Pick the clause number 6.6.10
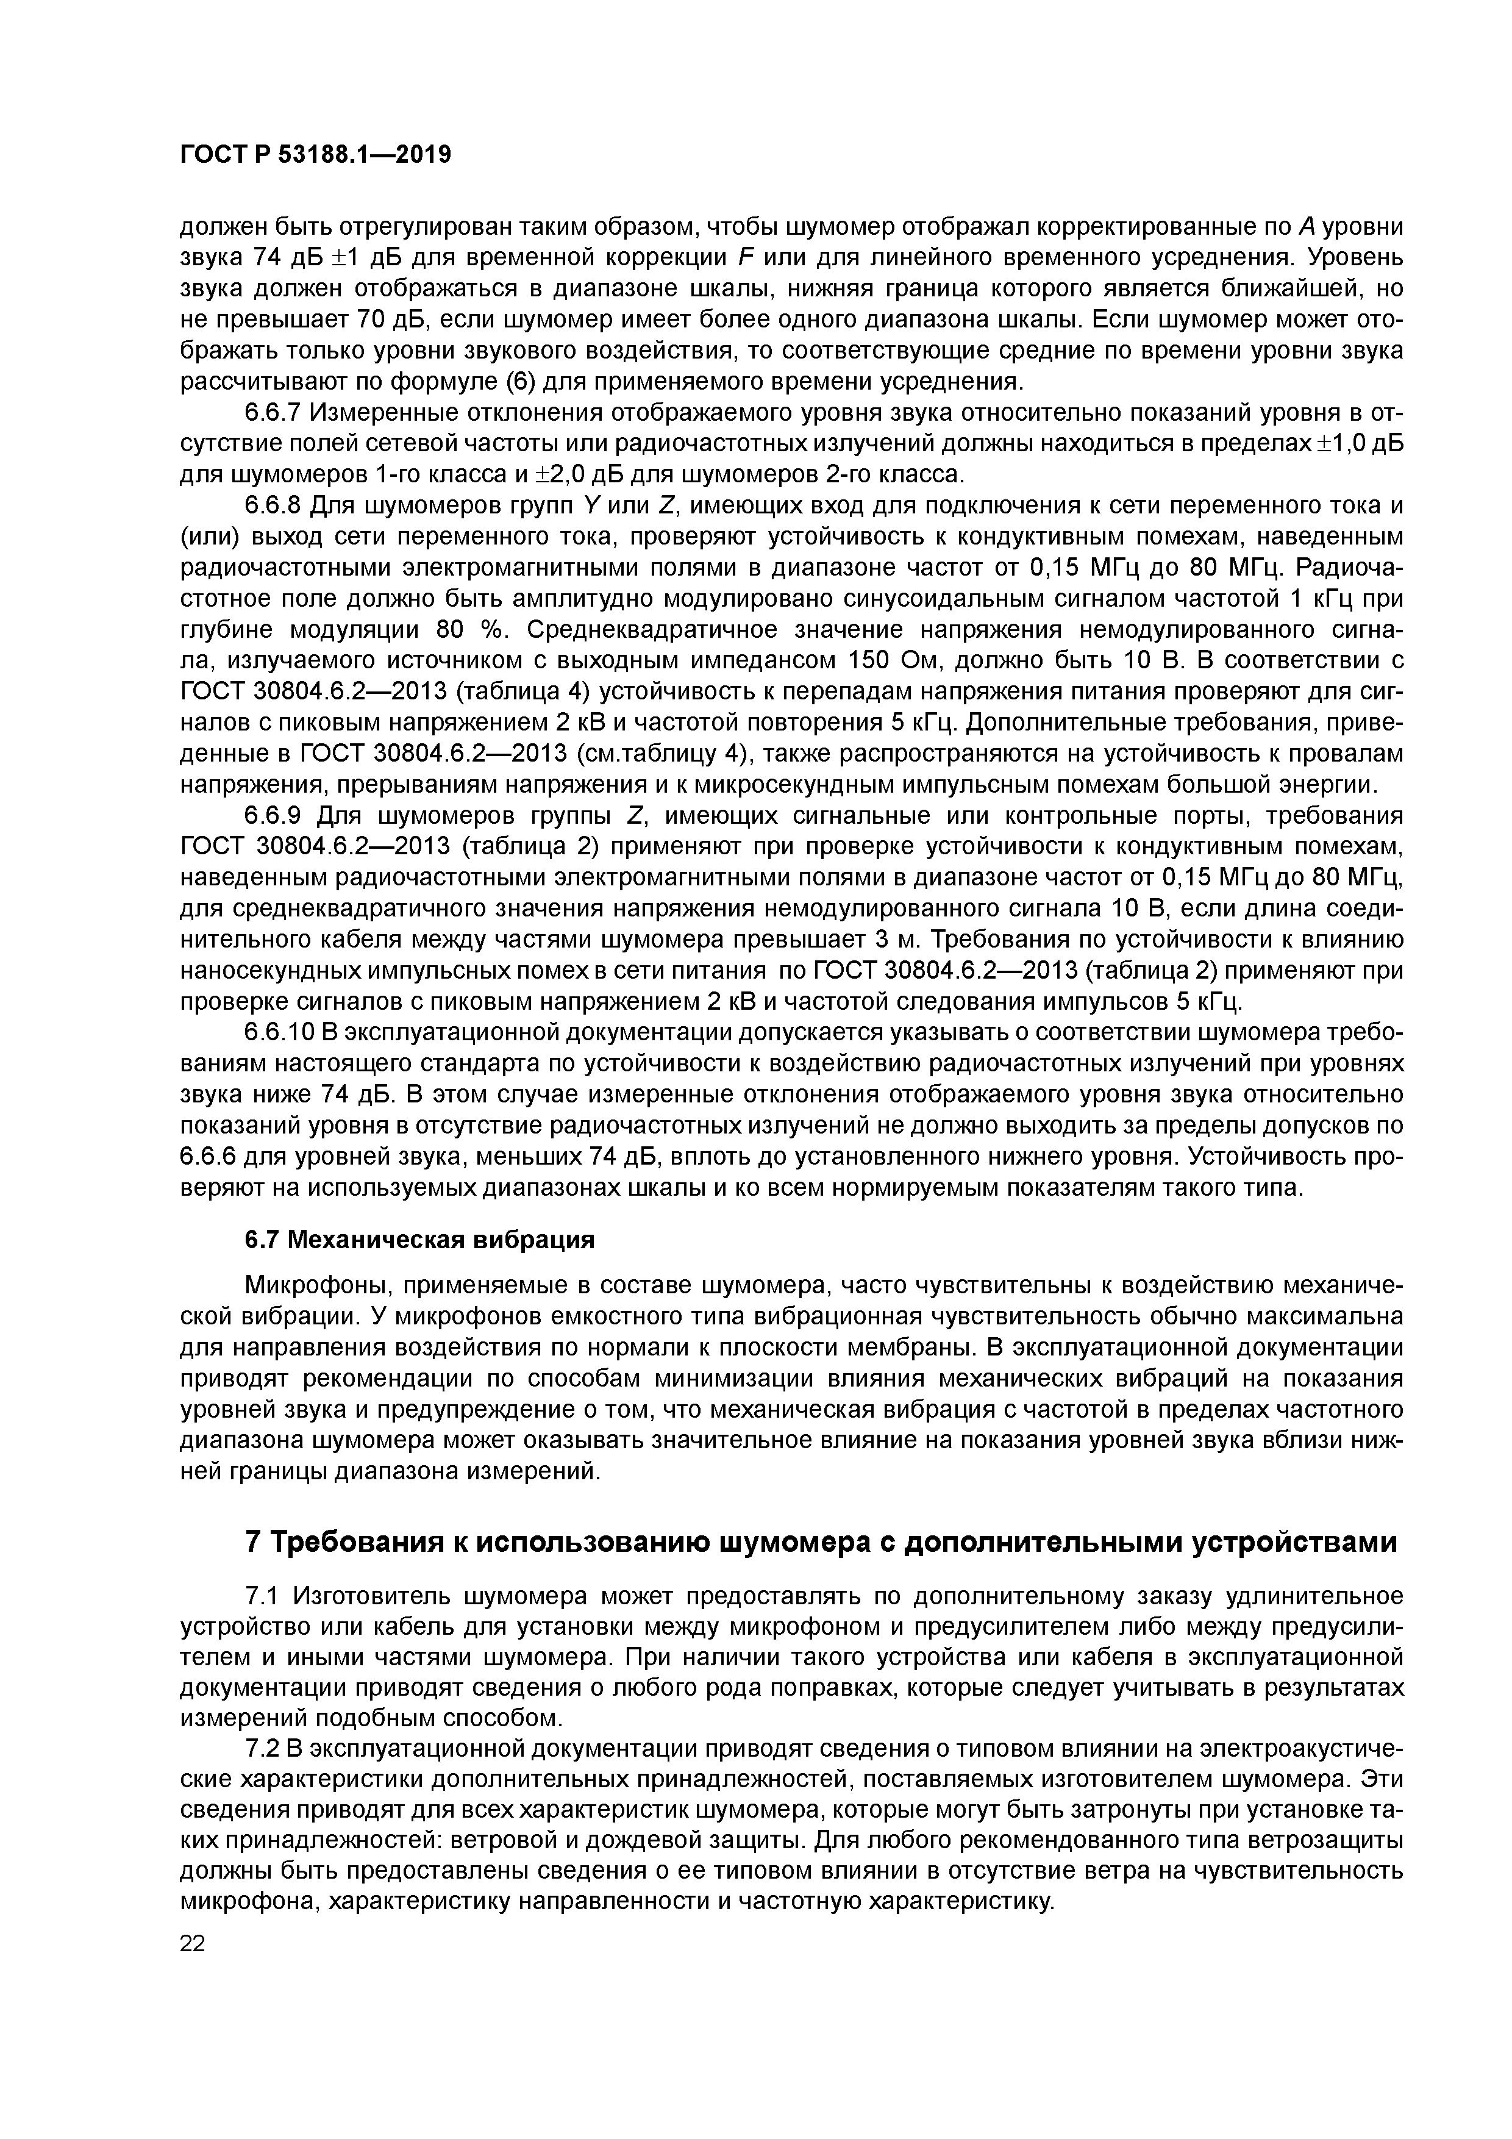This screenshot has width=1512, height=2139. click(279, 1033)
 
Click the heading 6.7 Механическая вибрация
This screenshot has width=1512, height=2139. click(418, 1240)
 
